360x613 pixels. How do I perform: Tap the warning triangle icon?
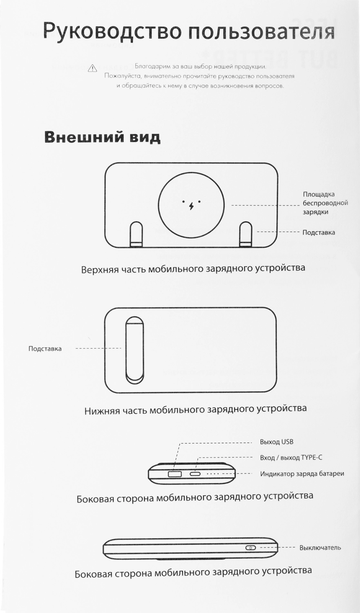point(92,68)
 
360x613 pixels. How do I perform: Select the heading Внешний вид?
point(102,137)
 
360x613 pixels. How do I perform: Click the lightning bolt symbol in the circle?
point(191,205)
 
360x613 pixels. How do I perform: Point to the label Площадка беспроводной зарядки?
point(325,203)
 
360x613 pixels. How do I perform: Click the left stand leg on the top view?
point(136,235)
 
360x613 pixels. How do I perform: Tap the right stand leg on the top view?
point(246,235)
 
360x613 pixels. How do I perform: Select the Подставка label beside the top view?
point(318,233)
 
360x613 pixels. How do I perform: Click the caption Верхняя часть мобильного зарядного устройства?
point(193,268)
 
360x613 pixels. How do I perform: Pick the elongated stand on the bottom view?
point(134,350)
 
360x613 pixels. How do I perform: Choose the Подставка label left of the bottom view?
point(45,349)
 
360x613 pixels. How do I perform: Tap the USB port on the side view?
point(174,474)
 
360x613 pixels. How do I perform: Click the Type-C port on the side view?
point(195,474)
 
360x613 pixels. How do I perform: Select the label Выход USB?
point(277,442)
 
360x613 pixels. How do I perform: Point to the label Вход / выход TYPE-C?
point(291,458)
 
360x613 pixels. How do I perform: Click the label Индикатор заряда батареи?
point(302,474)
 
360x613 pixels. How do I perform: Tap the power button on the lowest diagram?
point(250,548)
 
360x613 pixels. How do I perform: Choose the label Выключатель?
point(320,548)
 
